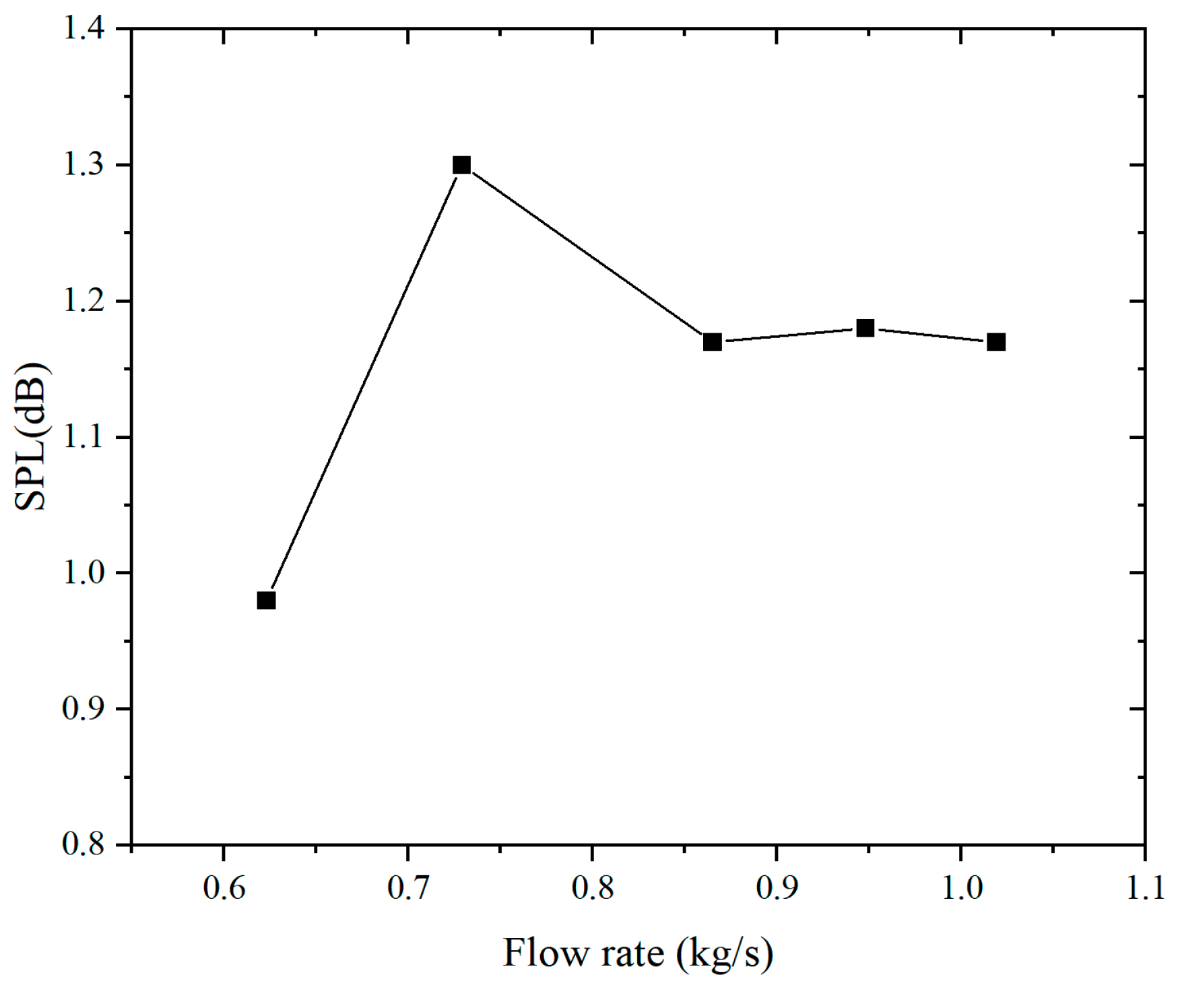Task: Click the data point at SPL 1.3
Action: (x=461, y=165)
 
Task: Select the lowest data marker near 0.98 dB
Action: (x=266, y=600)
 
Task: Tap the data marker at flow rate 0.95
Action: (x=865, y=328)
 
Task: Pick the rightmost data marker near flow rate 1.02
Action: (x=996, y=342)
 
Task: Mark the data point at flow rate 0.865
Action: (x=712, y=342)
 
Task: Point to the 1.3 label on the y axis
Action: (x=84, y=166)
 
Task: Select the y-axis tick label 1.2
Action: (x=84, y=302)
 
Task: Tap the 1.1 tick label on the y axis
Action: (x=84, y=438)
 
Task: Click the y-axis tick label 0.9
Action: (x=84, y=709)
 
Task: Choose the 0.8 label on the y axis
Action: (x=84, y=844)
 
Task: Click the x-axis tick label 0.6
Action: (x=224, y=889)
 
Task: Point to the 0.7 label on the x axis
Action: (x=409, y=889)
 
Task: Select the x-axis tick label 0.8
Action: (x=593, y=889)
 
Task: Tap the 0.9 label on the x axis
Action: (x=777, y=889)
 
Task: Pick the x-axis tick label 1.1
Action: (x=1145, y=889)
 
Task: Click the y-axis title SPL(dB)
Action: (x=31, y=437)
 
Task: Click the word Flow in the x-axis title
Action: (x=536, y=953)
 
